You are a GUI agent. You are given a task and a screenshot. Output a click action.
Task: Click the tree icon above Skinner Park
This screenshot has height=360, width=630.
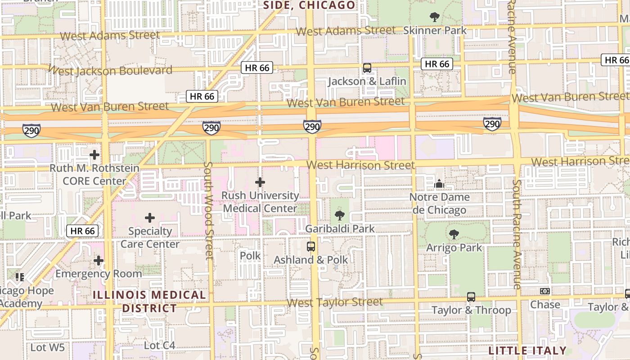435,17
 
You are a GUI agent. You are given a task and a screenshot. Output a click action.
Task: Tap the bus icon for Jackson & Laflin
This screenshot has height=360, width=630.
367,68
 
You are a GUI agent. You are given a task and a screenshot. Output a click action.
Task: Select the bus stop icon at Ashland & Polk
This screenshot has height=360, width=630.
311,247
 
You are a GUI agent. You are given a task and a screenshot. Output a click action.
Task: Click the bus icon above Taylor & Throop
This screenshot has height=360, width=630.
471,297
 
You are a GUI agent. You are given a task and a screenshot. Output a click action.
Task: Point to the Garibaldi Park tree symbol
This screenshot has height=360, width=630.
340,216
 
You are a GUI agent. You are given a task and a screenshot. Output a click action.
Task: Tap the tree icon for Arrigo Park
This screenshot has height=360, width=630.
454,234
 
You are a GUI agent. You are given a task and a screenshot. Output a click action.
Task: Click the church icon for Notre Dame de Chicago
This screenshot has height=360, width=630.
439,184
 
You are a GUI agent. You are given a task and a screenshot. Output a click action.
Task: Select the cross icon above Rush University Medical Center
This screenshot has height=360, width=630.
260,182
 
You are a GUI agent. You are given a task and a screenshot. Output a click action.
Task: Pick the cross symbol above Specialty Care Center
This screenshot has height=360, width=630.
150,218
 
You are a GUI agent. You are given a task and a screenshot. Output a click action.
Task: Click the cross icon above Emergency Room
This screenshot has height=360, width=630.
99,261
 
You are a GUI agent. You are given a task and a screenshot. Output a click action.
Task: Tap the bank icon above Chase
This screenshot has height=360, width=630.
545,292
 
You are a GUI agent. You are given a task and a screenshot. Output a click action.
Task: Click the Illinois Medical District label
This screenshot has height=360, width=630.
150,301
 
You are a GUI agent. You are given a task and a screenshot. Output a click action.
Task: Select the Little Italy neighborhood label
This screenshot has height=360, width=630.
527,351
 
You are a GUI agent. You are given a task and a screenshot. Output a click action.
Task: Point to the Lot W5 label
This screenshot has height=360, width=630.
48,347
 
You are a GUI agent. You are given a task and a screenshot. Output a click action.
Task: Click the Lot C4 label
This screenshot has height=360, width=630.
159,346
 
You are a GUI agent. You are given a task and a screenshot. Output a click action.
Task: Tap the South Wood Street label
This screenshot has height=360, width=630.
208,211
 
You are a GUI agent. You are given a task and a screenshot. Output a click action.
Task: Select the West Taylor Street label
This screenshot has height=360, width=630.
335,302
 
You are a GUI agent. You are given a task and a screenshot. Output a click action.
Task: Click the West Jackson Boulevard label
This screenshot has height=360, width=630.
110,71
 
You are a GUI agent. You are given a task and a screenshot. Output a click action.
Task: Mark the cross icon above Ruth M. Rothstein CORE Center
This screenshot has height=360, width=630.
94,155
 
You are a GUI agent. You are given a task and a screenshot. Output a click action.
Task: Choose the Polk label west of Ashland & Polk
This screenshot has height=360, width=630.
250,256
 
